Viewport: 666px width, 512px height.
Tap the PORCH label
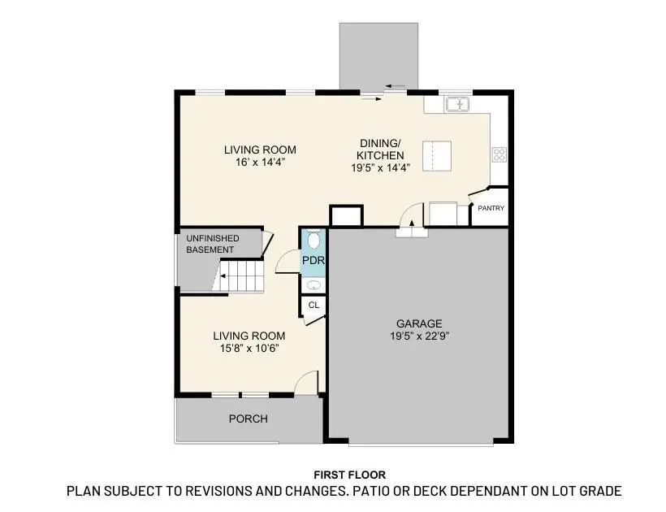click(x=248, y=419)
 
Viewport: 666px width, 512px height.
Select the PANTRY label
click(x=490, y=208)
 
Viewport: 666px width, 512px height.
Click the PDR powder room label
click(x=313, y=260)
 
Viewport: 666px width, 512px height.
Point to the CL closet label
click(x=313, y=306)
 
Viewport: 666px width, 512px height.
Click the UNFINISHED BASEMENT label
click(x=212, y=244)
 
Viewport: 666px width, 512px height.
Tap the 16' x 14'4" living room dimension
click(x=260, y=163)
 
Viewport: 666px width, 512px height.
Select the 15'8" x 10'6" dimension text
click(x=249, y=349)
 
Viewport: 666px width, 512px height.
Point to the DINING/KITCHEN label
click(x=381, y=149)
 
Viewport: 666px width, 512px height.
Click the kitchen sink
click(x=457, y=104)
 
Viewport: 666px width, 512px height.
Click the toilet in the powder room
click(x=314, y=241)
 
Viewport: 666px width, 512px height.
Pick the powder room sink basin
click(x=314, y=285)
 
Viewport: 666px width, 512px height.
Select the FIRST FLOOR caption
click(x=349, y=475)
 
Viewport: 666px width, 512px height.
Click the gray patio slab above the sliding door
click(x=378, y=53)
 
